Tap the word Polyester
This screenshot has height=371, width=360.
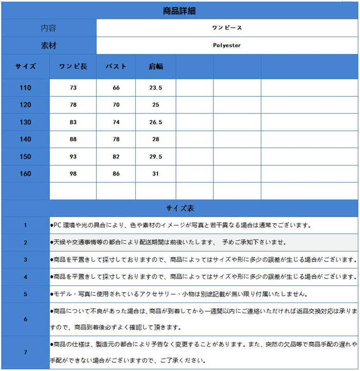(x=227, y=45)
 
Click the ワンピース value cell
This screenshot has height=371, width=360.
(x=227, y=28)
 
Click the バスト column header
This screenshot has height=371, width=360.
(x=116, y=66)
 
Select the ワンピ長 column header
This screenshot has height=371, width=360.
(x=73, y=66)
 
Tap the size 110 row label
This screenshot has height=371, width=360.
(x=25, y=88)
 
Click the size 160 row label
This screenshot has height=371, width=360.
(x=25, y=174)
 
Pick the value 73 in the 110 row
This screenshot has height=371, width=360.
(x=73, y=88)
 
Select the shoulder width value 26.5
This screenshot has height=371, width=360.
(x=156, y=122)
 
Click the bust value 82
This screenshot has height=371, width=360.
(x=116, y=156)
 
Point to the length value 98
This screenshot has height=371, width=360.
(x=73, y=174)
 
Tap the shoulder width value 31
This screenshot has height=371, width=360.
(x=156, y=174)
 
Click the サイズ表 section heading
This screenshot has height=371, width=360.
(x=179, y=208)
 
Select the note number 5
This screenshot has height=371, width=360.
(x=25, y=294)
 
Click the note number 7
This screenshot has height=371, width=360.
(x=25, y=353)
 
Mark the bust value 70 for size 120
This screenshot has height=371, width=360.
(x=116, y=105)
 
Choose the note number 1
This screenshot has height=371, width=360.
(x=25, y=225)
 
